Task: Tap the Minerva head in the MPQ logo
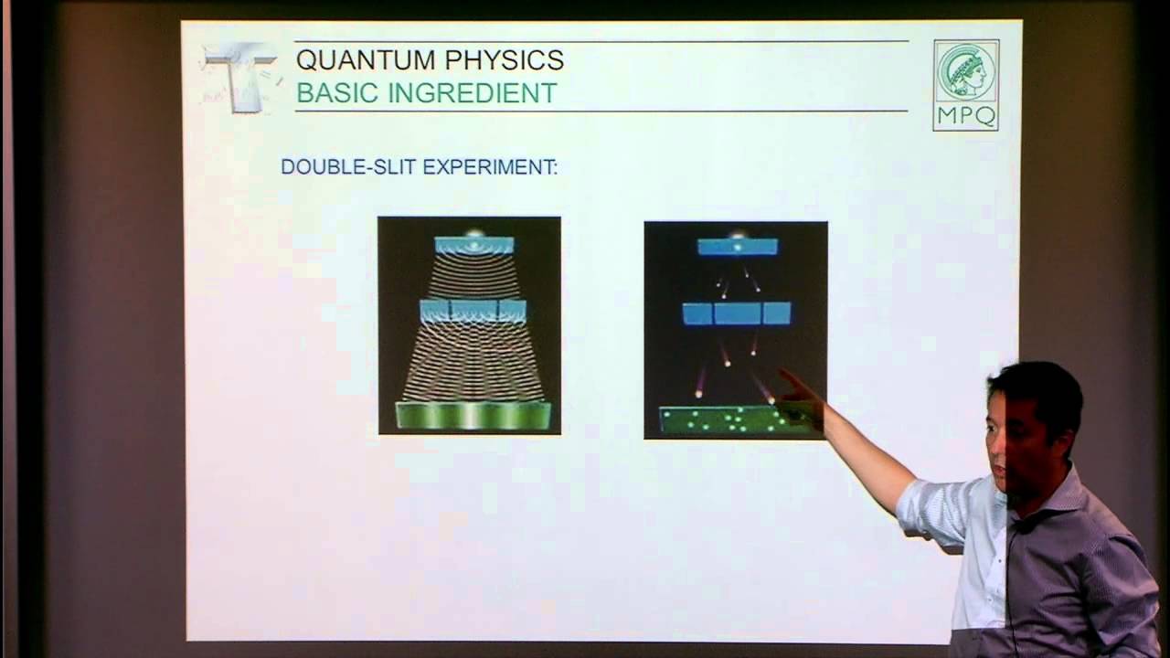[x=966, y=73]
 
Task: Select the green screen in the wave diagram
[x=473, y=415]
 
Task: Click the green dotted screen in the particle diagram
[x=722, y=420]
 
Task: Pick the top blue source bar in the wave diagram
[x=473, y=245]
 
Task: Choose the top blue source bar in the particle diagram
[x=737, y=247]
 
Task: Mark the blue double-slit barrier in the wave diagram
[x=473, y=311]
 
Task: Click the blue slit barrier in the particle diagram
[x=737, y=313]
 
